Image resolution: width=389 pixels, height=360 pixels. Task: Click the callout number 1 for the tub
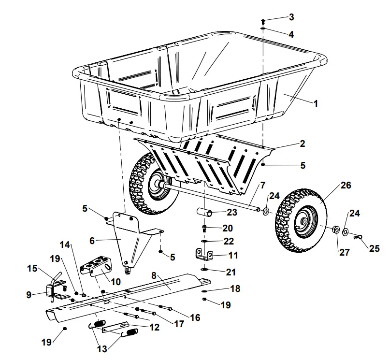point(316,103)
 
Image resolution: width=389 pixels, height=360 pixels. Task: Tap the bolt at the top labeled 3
point(263,21)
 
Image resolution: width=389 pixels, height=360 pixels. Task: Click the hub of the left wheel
point(158,186)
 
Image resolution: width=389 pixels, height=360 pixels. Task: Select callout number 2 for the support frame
point(302,144)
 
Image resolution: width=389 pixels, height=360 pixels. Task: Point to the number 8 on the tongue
point(154,275)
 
